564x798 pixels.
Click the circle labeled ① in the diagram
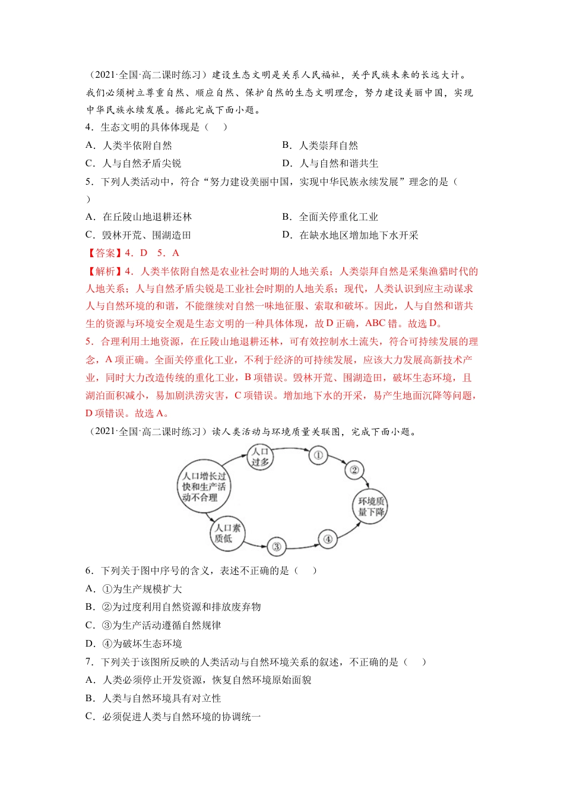[318, 455]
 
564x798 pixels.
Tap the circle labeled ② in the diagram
[354, 470]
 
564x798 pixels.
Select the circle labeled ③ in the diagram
[276, 546]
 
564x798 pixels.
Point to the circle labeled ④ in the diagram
[328, 539]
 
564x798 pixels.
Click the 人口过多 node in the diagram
[260, 457]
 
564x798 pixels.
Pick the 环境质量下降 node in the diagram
[371, 506]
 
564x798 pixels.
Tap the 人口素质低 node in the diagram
[227, 533]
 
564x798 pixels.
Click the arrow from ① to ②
[337, 461]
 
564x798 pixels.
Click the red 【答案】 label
[104, 253]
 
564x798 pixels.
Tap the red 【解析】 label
[104, 271]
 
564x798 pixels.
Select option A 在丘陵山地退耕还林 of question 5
[139, 217]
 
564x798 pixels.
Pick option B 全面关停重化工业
[330, 217]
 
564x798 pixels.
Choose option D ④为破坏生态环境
[134, 644]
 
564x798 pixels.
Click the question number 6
[88, 571]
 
